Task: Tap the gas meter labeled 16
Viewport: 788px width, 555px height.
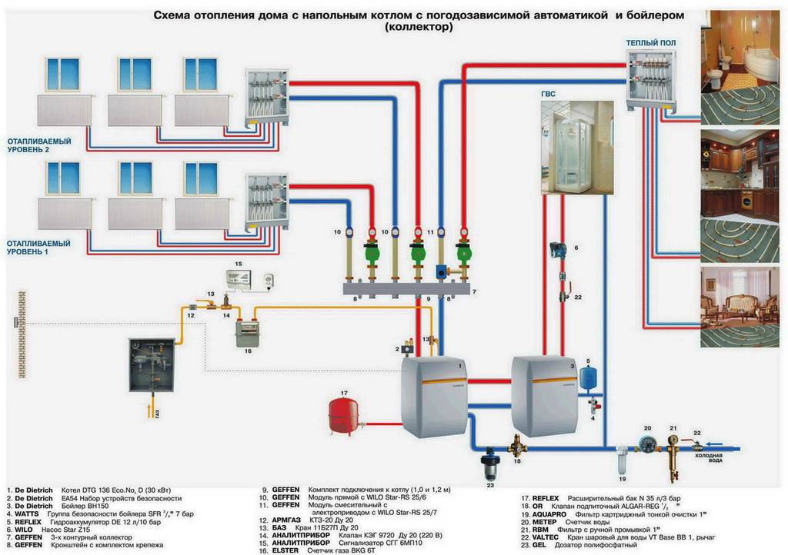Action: click(x=248, y=333)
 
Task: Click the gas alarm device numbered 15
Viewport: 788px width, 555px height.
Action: click(x=242, y=280)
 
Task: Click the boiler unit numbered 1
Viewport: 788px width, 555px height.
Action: click(x=433, y=397)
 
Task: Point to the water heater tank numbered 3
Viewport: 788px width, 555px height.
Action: click(x=544, y=396)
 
